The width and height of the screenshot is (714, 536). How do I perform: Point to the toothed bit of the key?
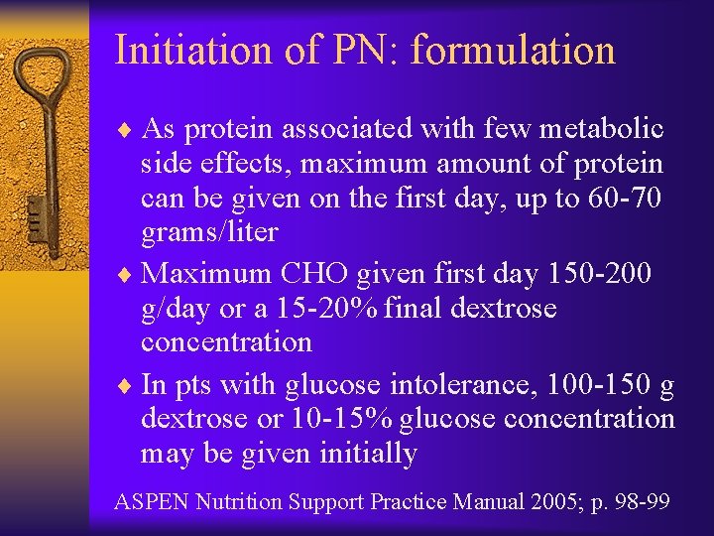click(x=36, y=213)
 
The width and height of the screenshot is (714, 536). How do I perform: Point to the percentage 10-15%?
click(x=345, y=419)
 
